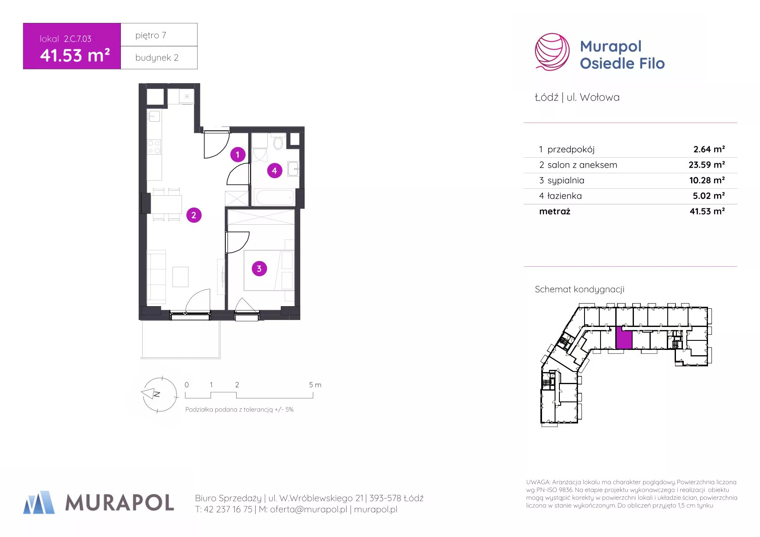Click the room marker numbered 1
pos(237,155)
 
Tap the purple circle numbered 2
pos(194,215)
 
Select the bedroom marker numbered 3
pos(259,268)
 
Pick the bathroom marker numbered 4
pos(274,171)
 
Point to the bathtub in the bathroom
pos(275,197)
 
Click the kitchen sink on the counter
pos(154,116)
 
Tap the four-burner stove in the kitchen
pos(154,147)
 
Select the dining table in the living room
pos(166,204)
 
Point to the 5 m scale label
pos(315,385)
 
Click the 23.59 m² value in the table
pos(707,165)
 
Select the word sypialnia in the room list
pos(566,181)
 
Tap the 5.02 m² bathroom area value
pos(709,196)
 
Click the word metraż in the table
pos(555,211)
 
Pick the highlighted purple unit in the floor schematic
pos(624,338)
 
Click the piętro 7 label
pos(151,36)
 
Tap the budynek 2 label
pos(157,58)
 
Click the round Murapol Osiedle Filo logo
pos(552,52)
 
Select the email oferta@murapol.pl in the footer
pos(309,509)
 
